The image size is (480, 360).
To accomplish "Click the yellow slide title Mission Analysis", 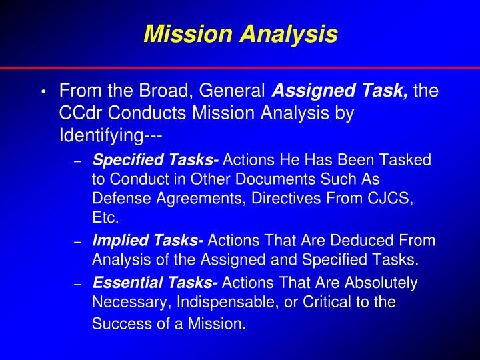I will (240, 33).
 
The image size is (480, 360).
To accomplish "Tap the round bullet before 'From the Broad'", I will (43, 92).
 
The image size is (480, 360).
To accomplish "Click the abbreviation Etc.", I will (105, 217).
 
